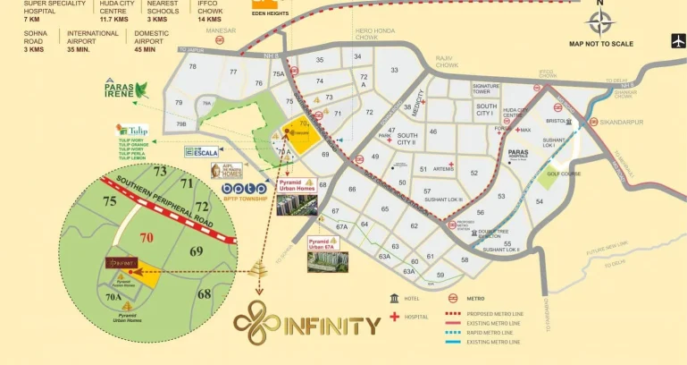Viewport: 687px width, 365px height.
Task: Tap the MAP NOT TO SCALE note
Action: pos(600,43)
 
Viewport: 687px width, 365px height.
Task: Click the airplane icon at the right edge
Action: pos(677,39)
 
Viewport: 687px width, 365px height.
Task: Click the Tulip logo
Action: pos(133,131)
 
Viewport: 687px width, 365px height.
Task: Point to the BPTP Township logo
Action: pos(243,189)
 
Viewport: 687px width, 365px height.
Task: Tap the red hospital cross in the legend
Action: pos(394,317)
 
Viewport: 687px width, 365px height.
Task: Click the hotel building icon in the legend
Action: pos(394,298)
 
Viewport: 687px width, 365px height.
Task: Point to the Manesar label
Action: pos(221,30)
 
